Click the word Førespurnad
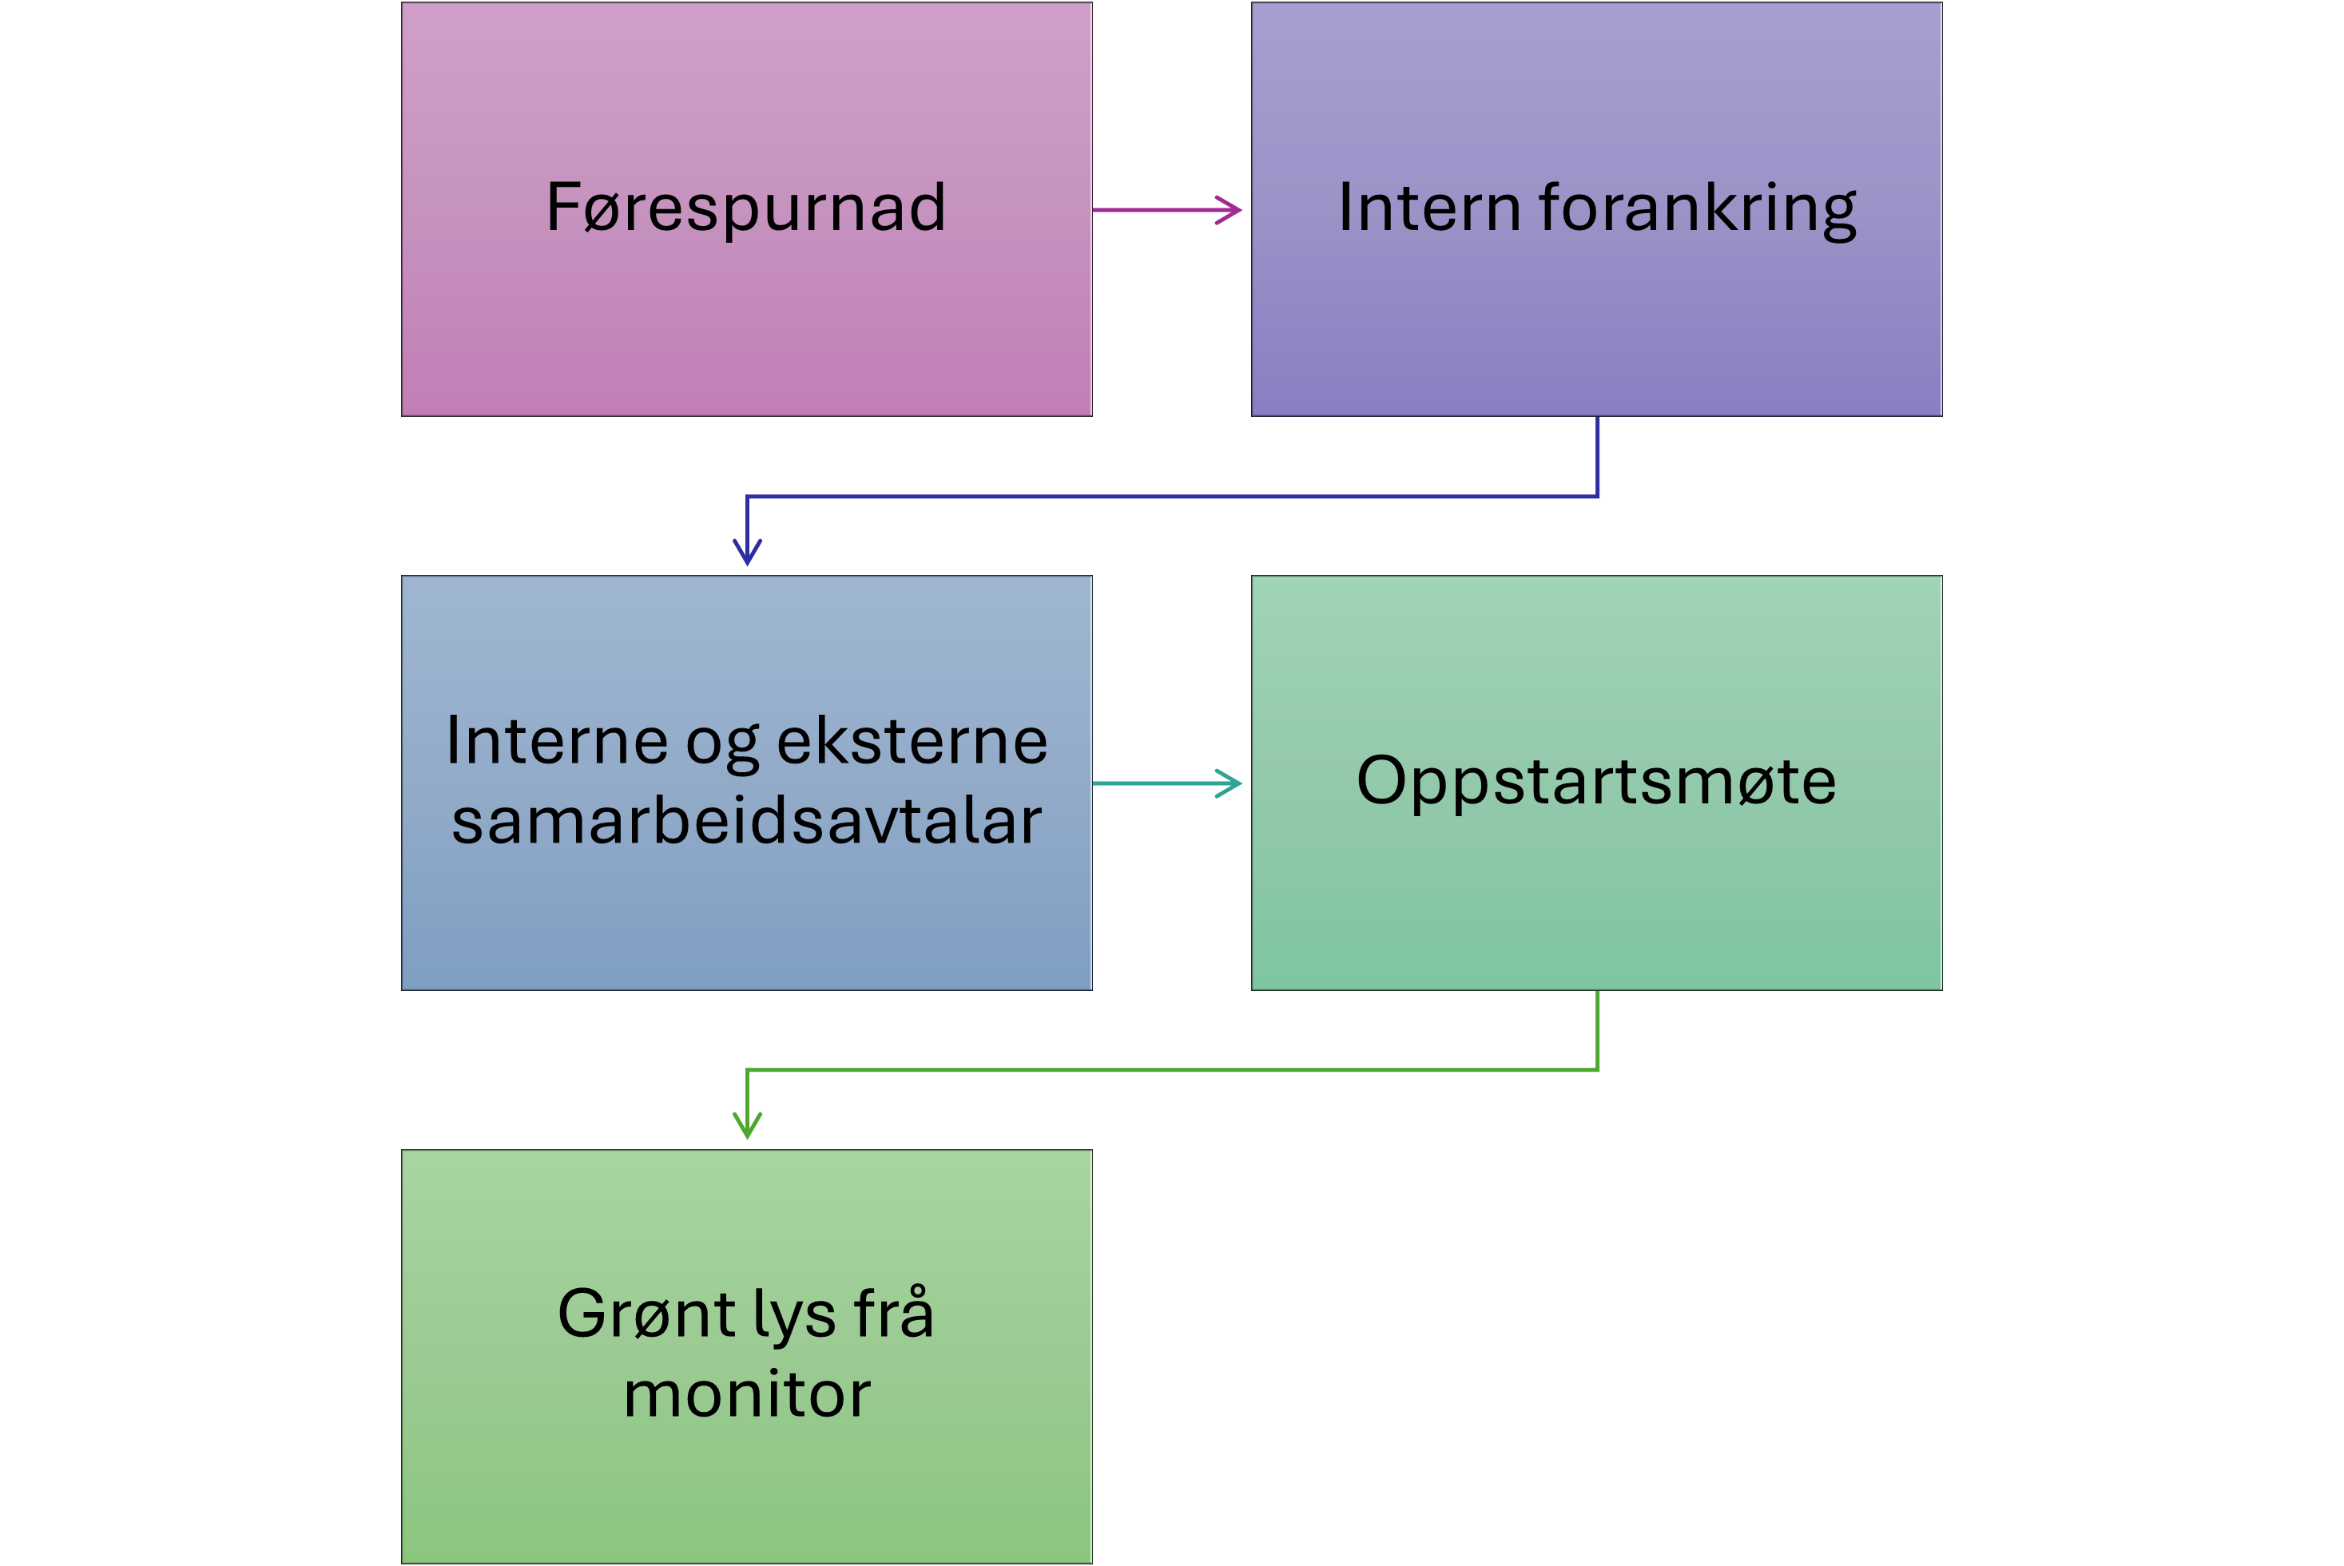pos(745,208)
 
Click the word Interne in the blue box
pos(557,741)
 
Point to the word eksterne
pos(912,741)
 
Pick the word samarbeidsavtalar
pos(746,821)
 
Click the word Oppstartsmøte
pos(1595,781)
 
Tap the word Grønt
pos(646,1314)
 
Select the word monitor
pos(746,1394)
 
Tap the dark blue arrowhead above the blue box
pos(747,551)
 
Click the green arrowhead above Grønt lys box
pos(747,1124)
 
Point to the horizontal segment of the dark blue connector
pos(1169,497)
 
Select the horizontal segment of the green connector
pos(1169,1069)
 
